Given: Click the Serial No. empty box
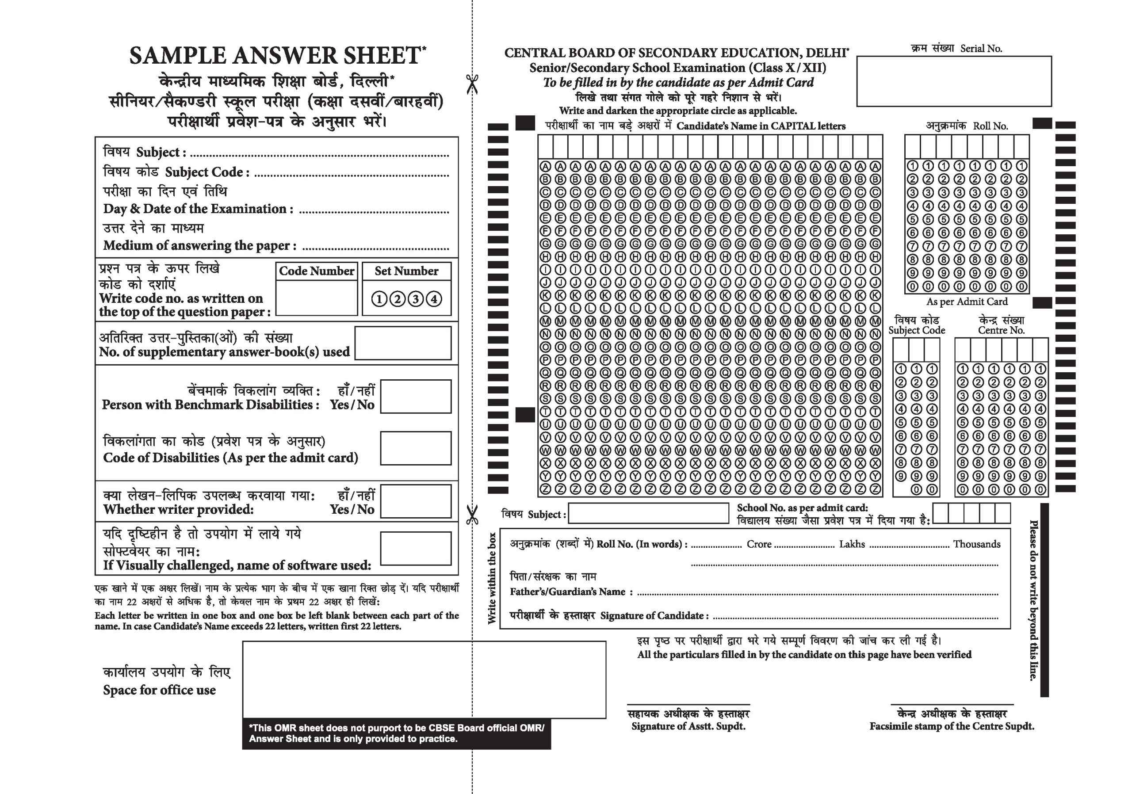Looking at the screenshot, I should [x=953, y=81].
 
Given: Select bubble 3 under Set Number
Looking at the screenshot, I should [x=416, y=299].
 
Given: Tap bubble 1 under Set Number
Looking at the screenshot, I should [x=379, y=299].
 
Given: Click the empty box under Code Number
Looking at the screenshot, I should [x=317, y=298].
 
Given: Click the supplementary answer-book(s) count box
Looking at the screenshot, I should [x=403, y=343].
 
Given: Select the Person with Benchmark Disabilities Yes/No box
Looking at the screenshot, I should [x=416, y=396].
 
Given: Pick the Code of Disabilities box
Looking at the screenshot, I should [x=416, y=448].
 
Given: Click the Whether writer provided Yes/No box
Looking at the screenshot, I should [x=416, y=501].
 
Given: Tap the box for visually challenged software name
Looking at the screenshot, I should [x=416, y=548].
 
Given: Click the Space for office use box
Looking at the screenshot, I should [x=424, y=679].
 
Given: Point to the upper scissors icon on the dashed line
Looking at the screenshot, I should [x=472, y=84].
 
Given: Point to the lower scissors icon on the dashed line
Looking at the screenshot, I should [x=472, y=515].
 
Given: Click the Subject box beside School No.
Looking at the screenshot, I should [x=648, y=513].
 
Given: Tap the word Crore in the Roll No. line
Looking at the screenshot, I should [x=759, y=544].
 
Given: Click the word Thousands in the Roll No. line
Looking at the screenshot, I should [x=976, y=544].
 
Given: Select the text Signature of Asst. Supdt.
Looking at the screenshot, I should [x=688, y=726].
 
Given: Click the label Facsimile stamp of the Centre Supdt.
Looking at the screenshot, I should [x=952, y=726].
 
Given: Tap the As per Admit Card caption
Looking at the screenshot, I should [x=967, y=302].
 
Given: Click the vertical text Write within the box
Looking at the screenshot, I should [x=492, y=578].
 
